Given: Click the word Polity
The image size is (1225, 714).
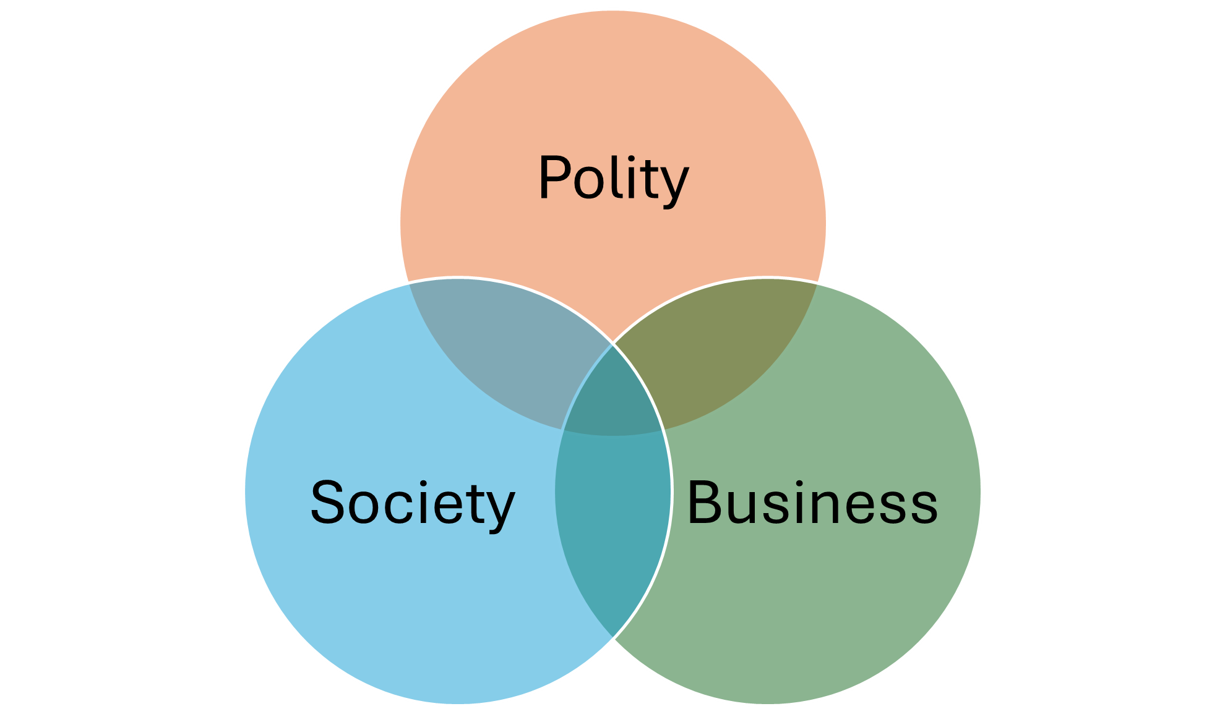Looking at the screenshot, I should click(x=613, y=179).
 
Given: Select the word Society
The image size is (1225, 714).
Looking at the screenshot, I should click(x=412, y=503).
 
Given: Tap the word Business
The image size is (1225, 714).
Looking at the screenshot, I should click(x=812, y=503).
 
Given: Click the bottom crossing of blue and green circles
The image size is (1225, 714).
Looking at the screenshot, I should click(x=612, y=638).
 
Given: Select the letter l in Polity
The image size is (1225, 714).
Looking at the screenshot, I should click(x=619, y=177).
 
